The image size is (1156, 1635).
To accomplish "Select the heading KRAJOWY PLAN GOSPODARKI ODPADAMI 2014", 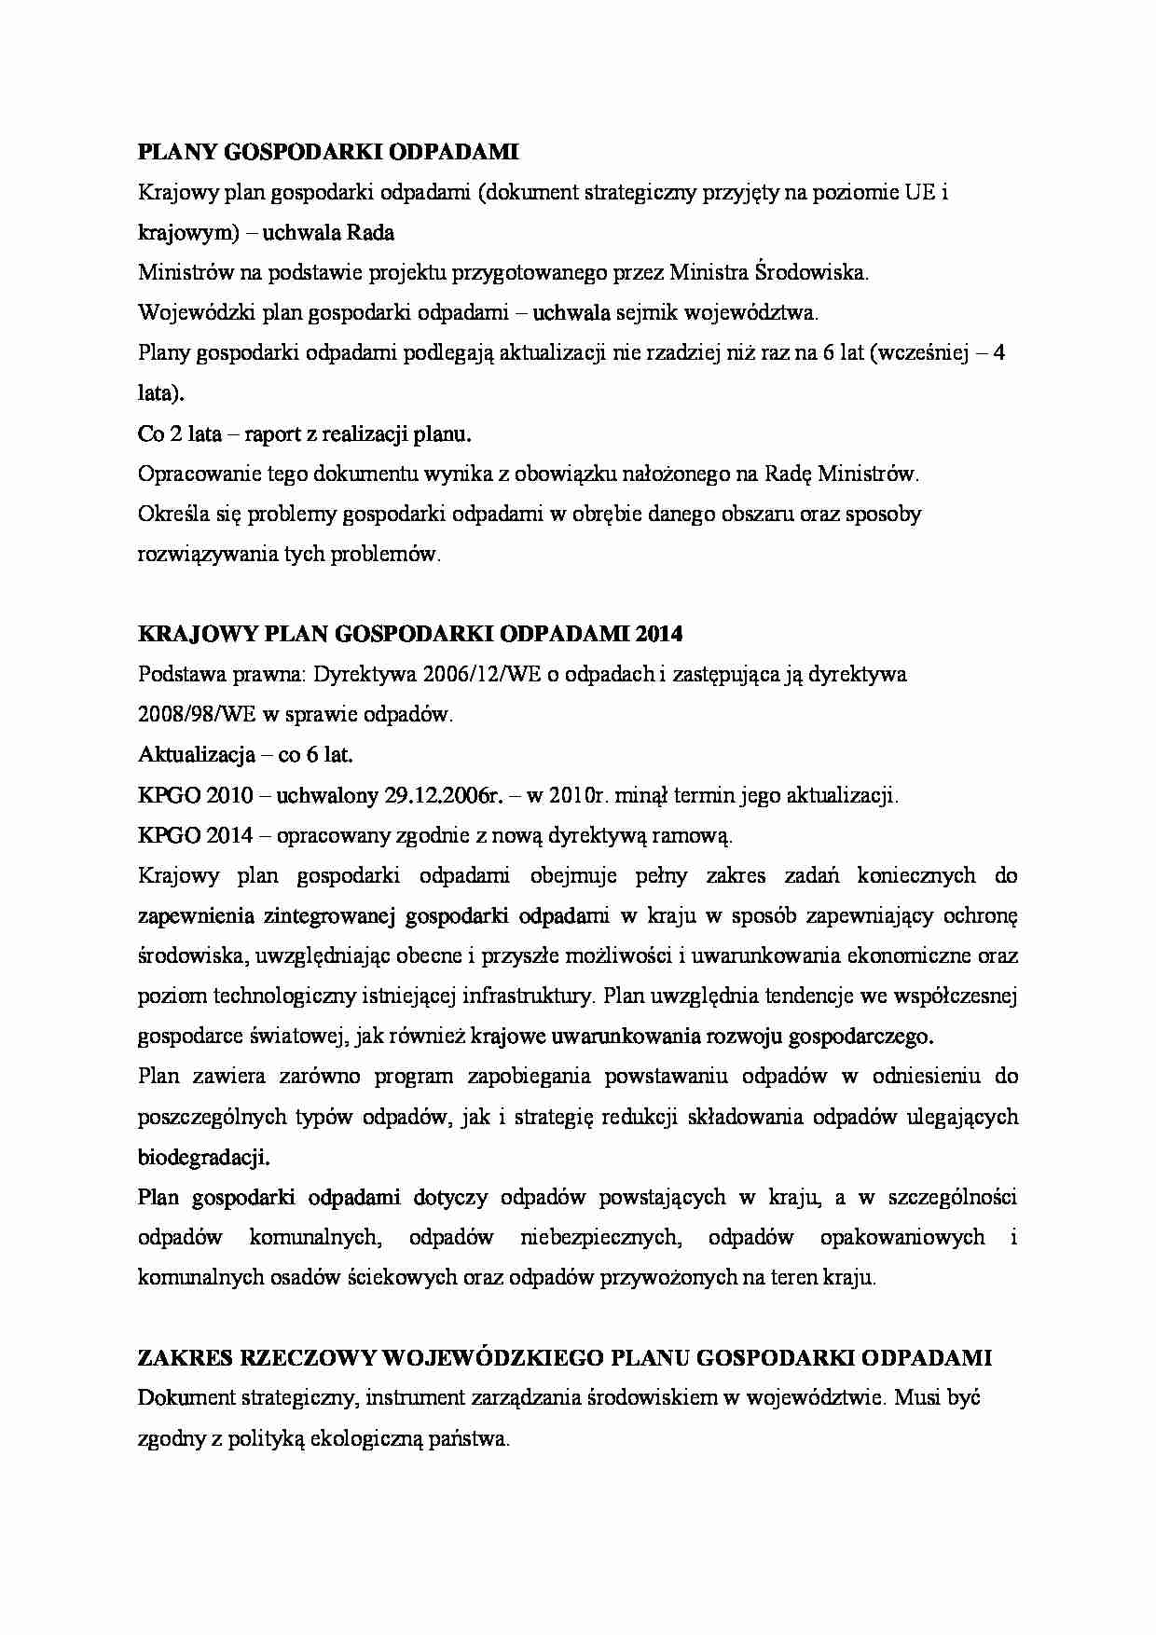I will pyautogui.click(x=410, y=634).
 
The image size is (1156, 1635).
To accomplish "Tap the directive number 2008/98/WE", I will pyautogui.click(x=187, y=715).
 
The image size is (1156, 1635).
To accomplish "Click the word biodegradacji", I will pyautogui.click(x=203, y=1157).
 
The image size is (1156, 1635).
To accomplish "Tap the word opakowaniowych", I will pyautogui.click(x=901, y=1237).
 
